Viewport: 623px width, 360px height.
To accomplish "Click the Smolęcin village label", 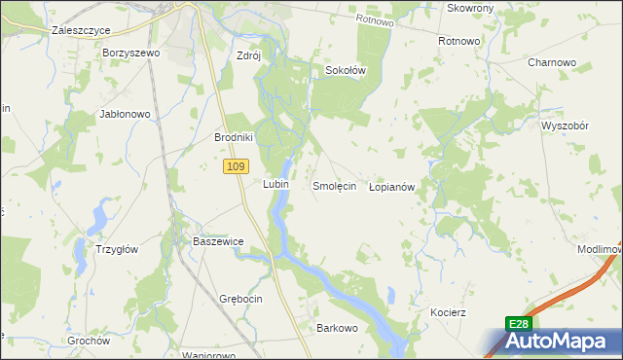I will click(x=334, y=185).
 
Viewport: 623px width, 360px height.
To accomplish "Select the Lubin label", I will click(x=275, y=183).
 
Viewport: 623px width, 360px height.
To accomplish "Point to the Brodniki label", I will click(x=234, y=137).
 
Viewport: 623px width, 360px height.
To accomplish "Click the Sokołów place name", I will click(x=345, y=70).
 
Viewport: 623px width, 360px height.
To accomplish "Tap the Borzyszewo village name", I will click(x=130, y=53).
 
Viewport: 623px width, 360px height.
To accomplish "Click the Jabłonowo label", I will click(x=125, y=114).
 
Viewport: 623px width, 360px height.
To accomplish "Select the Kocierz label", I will click(x=449, y=312).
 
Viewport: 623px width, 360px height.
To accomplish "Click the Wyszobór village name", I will click(x=567, y=126).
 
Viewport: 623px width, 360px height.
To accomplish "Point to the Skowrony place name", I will click(x=471, y=8).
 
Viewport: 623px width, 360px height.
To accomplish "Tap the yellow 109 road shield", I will click(x=234, y=167).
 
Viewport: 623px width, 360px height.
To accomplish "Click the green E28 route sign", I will click(x=518, y=324).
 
